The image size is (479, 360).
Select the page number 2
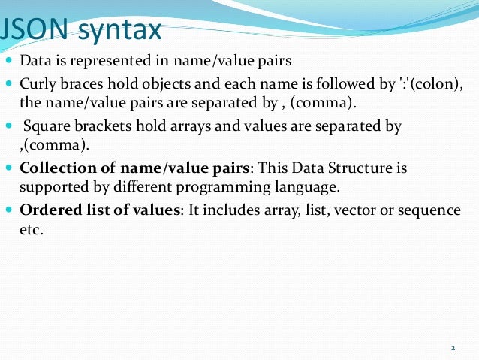pyautogui.click(x=453, y=348)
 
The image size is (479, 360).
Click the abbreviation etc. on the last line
pyautogui.click(x=31, y=230)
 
